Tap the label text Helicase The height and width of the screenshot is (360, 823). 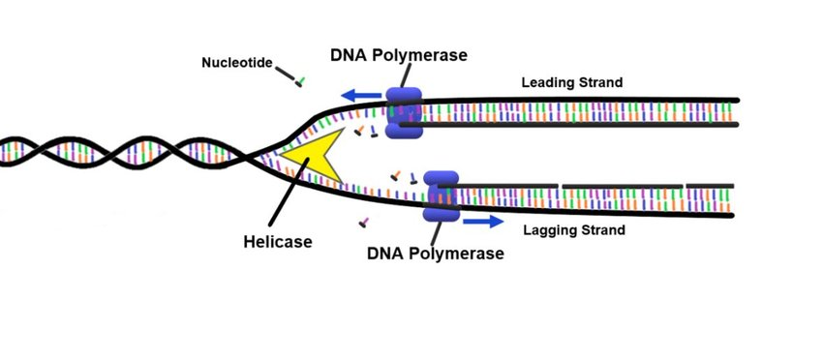coord(277,242)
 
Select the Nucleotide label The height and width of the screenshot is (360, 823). coord(236,63)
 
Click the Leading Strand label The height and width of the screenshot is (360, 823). coord(571,82)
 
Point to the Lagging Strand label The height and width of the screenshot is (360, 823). coord(573,230)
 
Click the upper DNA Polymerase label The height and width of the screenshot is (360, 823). coord(399,55)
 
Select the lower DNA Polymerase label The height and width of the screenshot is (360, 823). coord(436,255)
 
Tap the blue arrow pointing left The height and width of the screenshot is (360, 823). coord(361,96)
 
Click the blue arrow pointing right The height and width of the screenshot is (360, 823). coord(482,222)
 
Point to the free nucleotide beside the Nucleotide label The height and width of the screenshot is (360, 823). coord(301,81)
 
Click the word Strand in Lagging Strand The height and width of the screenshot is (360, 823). coord(602,230)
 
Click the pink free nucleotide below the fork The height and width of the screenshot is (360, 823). coord(364,223)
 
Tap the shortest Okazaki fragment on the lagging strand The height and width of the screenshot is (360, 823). coord(710,185)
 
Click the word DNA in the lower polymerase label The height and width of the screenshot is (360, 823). coord(385,255)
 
